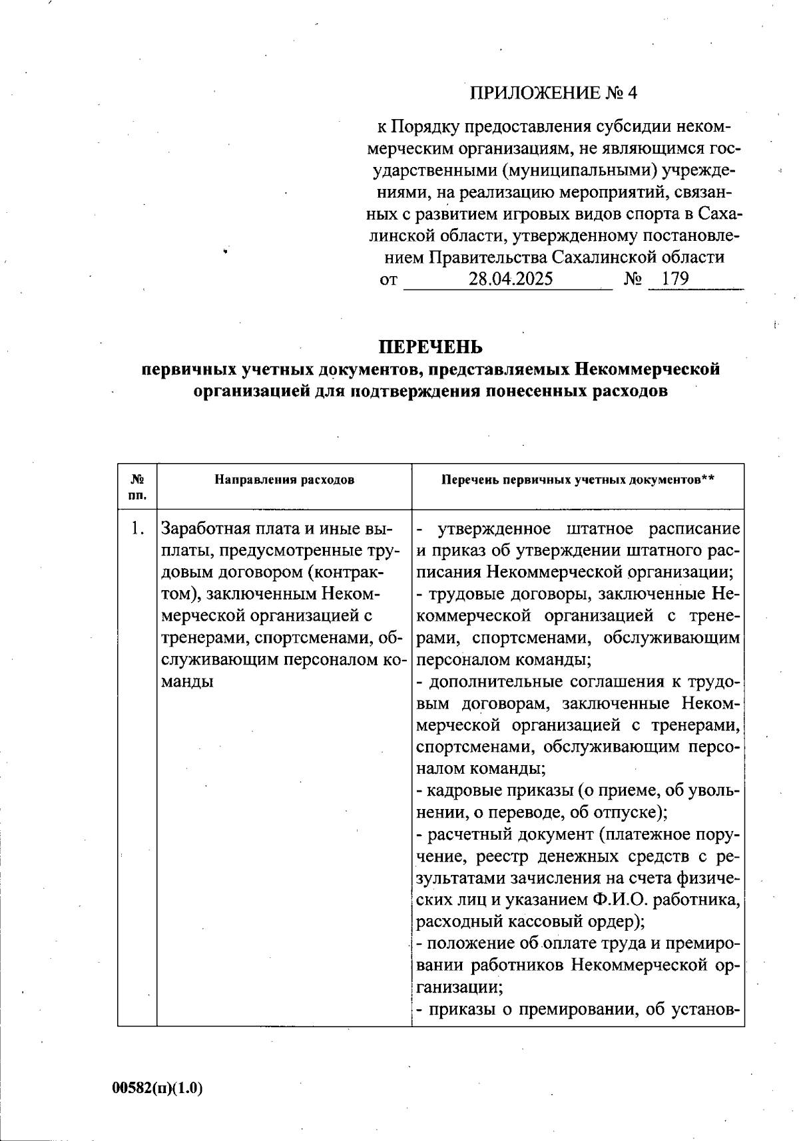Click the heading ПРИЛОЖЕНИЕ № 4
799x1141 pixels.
pos(553,93)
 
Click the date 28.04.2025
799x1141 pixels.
pos(510,279)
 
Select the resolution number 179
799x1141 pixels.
pos(675,279)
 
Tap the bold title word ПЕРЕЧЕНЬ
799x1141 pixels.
pos(430,347)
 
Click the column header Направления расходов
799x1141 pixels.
pos(284,480)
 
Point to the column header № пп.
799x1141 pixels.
pos(138,487)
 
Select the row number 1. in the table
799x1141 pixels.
pos(138,529)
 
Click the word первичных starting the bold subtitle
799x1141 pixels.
pos(187,369)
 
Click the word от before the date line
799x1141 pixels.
pos(388,279)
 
